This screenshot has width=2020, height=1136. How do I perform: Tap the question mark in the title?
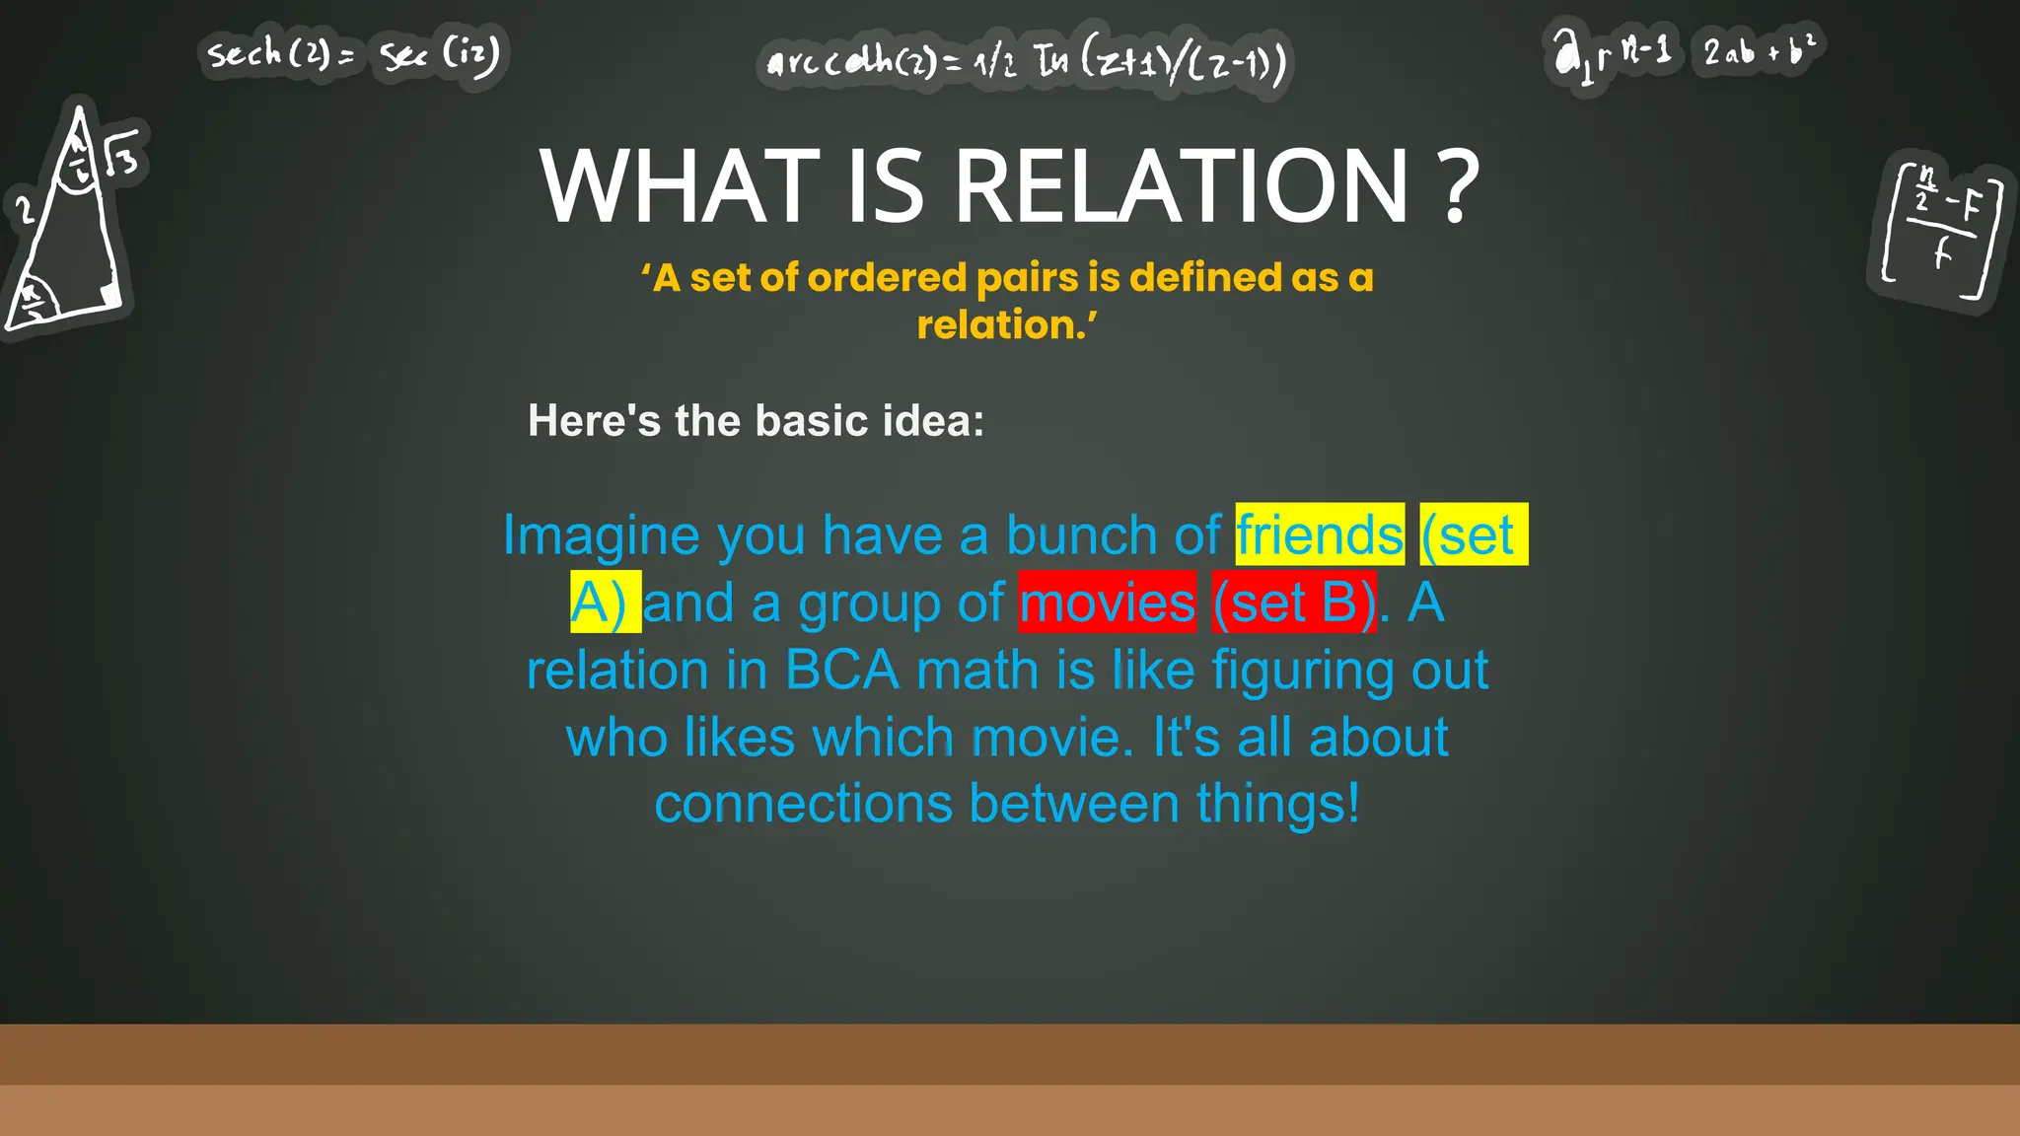click(1459, 187)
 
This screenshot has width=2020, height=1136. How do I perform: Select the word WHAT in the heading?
click(680, 187)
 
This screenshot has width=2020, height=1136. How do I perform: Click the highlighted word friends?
click(1319, 535)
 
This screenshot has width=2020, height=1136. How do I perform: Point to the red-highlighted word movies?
click(1107, 603)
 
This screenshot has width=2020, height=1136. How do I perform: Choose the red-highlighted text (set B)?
click(1294, 603)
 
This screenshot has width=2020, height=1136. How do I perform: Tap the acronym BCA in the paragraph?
click(842, 671)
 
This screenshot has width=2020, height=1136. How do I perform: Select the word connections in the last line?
click(803, 804)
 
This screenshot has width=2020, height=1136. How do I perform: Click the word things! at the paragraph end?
click(1278, 804)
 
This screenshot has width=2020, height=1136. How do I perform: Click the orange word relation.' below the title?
click(1007, 325)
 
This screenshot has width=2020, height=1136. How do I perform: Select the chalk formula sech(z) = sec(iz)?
click(353, 54)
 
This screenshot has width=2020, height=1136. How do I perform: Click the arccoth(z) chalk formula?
click(1026, 63)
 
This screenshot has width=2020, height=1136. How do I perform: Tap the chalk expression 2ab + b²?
click(1759, 49)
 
